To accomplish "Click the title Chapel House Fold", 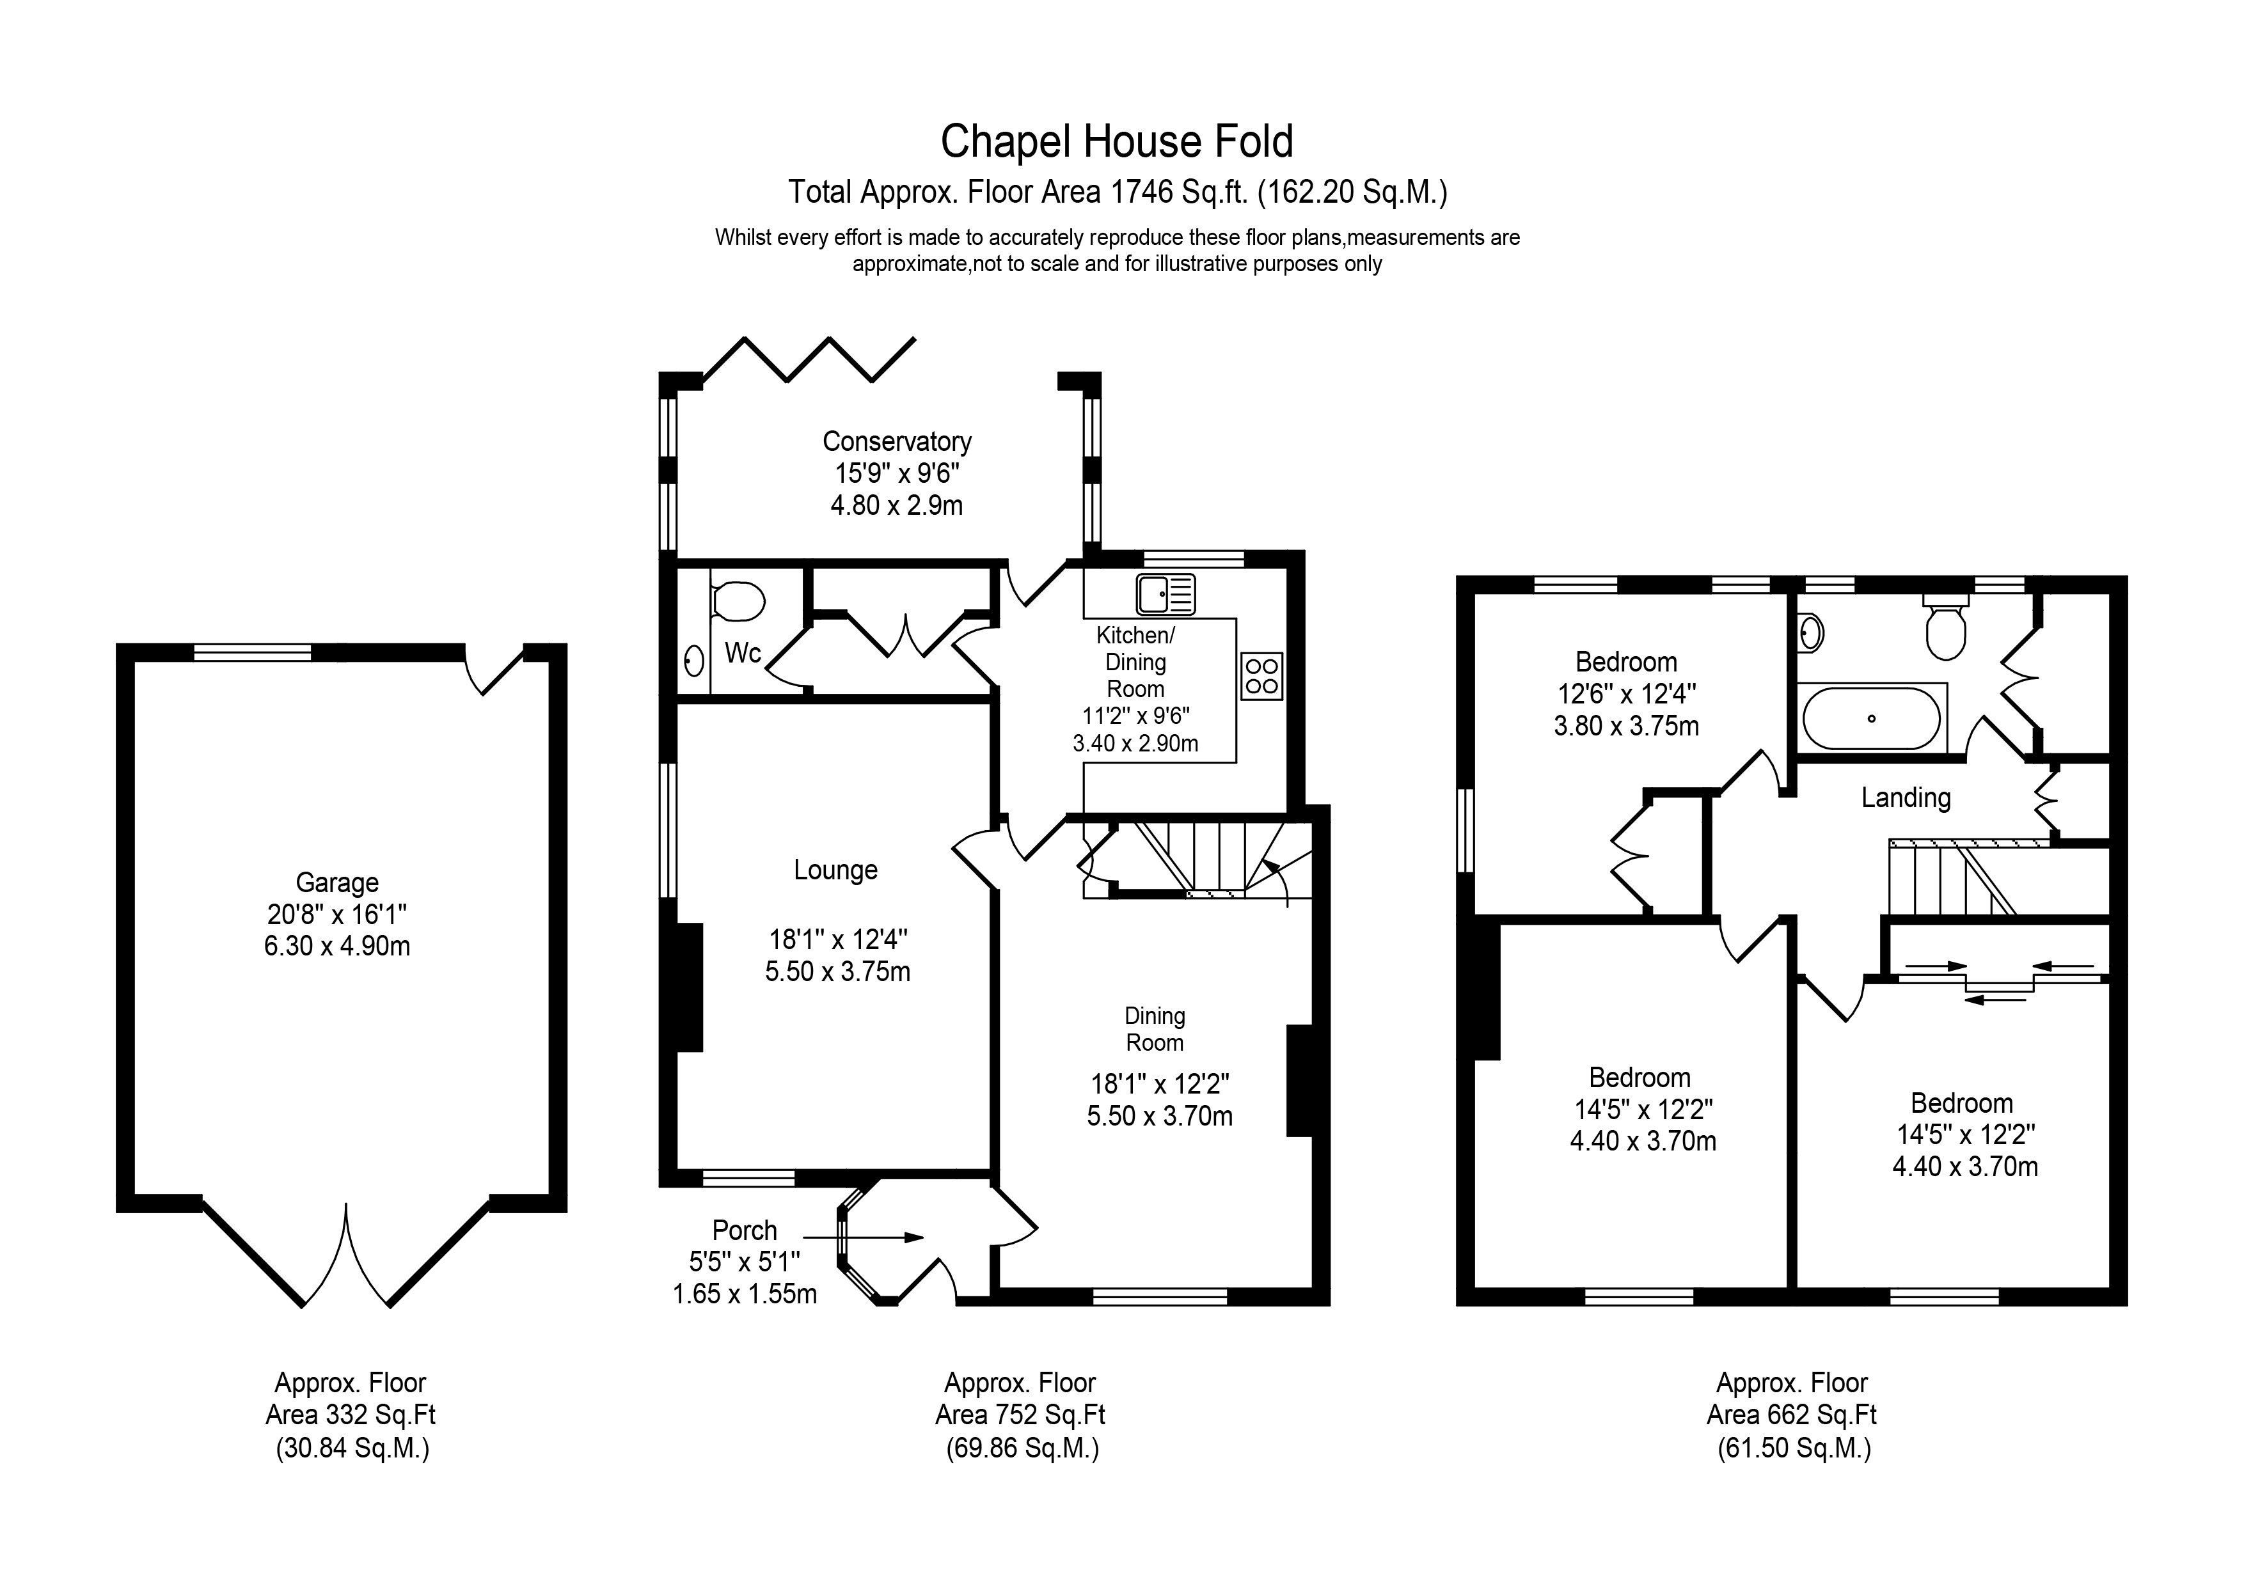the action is click(x=1116, y=142).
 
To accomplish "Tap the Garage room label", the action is click(x=337, y=883).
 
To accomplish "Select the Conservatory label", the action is click(x=896, y=442).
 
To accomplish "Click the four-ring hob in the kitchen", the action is click(x=1261, y=676).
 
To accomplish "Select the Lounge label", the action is click(x=835, y=870).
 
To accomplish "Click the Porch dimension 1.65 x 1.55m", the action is click(x=745, y=1294).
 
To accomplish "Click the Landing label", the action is click(x=1906, y=798).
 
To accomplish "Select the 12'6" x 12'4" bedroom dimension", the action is click(x=1626, y=694).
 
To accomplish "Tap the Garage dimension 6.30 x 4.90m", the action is click(x=337, y=946).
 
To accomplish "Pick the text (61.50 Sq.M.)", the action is click(x=1794, y=1447).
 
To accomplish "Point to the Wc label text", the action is click(x=743, y=653).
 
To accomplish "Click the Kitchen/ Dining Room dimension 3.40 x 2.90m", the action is click(x=1135, y=744).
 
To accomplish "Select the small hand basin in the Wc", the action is click(x=694, y=661).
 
